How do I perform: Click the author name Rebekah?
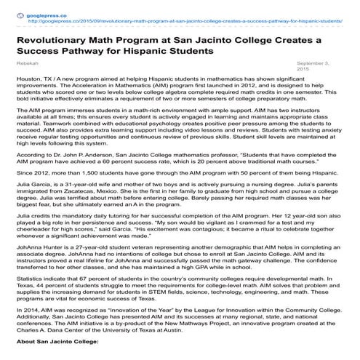tap(27, 65)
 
